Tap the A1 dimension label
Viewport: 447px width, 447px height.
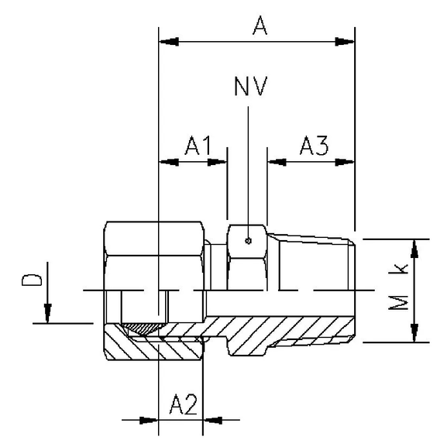tap(198, 145)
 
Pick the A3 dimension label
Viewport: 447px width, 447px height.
tap(314, 145)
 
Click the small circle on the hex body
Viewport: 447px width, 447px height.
tap(247, 241)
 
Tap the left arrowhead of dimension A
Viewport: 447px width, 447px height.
tap(165, 40)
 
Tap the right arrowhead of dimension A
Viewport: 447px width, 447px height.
tap(347, 40)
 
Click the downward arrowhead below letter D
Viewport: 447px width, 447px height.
tap(47, 314)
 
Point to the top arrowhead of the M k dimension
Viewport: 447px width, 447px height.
tap(416, 246)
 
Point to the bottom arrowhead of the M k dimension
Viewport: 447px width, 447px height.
tap(416, 334)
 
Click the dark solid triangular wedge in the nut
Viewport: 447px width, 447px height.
tap(143, 329)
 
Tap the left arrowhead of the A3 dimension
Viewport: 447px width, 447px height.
tap(274, 162)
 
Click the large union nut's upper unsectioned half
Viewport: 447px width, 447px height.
tap(155, 256)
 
